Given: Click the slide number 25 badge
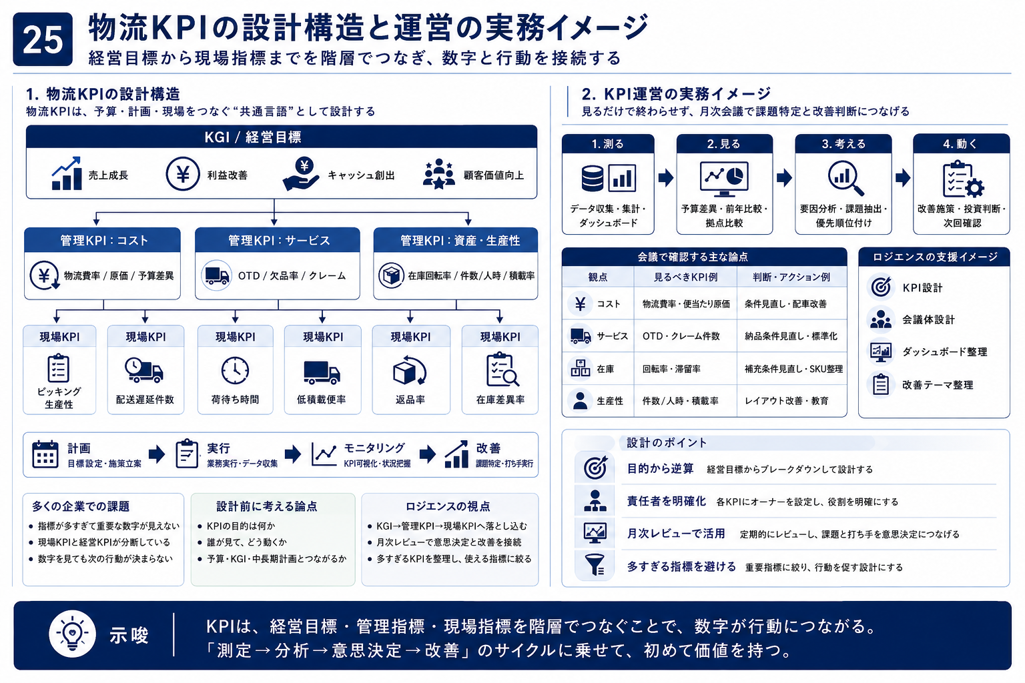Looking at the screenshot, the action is click(x=43, y=39).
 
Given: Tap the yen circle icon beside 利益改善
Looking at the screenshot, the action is click(x=183, y=174).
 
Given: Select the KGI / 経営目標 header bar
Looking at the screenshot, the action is click(x=282, y=137).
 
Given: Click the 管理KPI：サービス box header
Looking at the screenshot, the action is click(x=278, y=240).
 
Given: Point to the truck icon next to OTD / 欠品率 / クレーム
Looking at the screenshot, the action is click(x=216, y=275).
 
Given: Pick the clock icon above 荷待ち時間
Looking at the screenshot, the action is click(x=235, y=370).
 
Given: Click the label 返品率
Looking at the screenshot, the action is click(x=410, y=400).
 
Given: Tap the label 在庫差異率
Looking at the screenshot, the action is click(x=500, y=400).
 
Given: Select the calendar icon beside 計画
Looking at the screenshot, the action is click(x=45, y=454).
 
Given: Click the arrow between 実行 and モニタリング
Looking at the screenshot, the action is click(x=293, y=454).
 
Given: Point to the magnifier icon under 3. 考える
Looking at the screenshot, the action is click(x=845, y=178).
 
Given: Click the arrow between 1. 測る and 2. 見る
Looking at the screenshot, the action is click(x=666, y=177).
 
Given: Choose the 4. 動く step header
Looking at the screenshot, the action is click(x=961, y=143).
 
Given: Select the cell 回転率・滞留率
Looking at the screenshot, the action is click(x=671, y=369).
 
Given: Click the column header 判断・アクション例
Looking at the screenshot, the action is click(x=791, y=277).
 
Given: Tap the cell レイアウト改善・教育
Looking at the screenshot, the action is click(x=787, y=401).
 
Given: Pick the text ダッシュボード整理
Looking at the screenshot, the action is click(x=944, y=352).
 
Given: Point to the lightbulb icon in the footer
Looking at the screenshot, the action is click(x=72, y=634).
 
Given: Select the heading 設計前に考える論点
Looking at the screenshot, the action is click(x=266, y=506).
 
